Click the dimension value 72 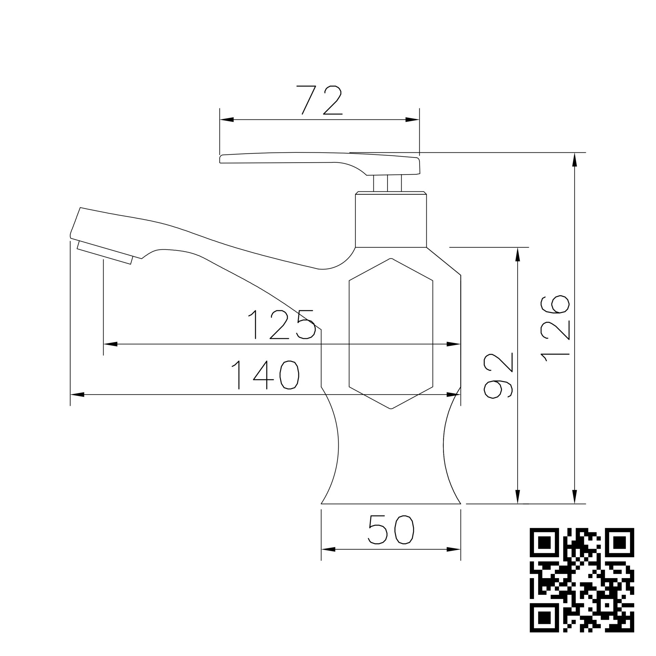pyautogui.click(x=319, y=100)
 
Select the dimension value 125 pyautogui.click(x=281, y=324)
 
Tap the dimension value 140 pyautogui.click(x=265, y=375)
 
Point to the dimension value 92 pyautogui.click(x=498, y=376)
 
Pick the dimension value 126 pyautogui.click(x=555, y=328)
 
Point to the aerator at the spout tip pyautogui.click(x=105, y=252)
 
